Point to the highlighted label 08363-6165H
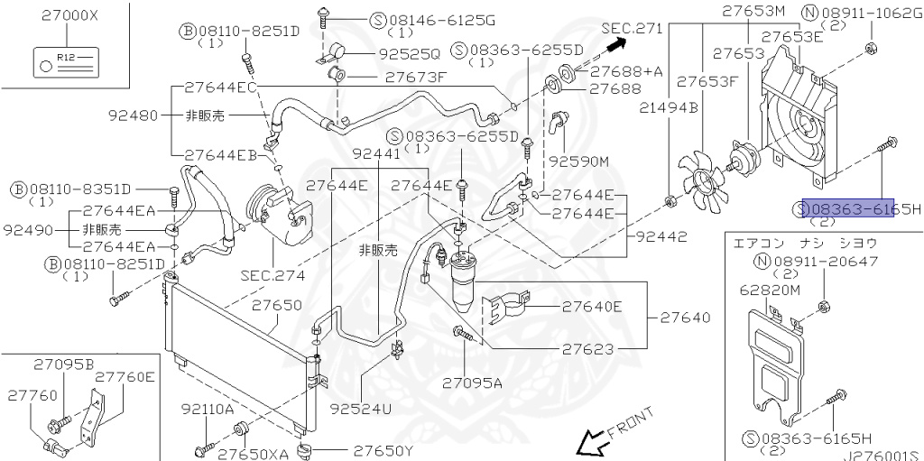tap(848, 208)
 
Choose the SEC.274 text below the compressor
tap(272, 274)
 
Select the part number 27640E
tap(592, 307)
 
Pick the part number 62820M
tap(770, 290)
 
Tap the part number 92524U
tap(361, 408)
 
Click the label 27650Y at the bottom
tap(383, 450)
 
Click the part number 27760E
tap(125, 377)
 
